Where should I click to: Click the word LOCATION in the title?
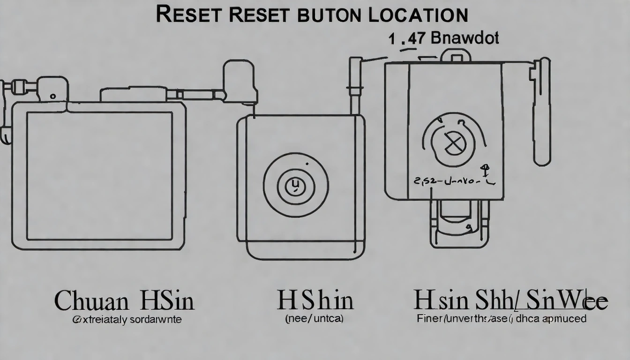click(x=419, y=14)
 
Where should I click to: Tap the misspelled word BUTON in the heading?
click(x=329, y=14)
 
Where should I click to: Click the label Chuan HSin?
click(x=124, y=300)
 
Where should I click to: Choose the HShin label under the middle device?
click(x=315, y=300)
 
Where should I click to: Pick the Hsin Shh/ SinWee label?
click(x=510, y=300)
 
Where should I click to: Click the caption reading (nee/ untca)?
click(x=315, y=319)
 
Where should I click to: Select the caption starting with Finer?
click(x=502, y=319)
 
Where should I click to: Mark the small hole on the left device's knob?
click(x=53, y=96)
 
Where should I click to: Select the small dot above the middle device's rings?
click(x=307, y=164)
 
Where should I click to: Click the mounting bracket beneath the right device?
click(x=459, y=224)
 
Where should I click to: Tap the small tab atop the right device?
click(x=455, y=55)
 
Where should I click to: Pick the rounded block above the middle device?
click(x=240, y=81)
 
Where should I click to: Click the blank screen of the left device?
click(x=99, y=176)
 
